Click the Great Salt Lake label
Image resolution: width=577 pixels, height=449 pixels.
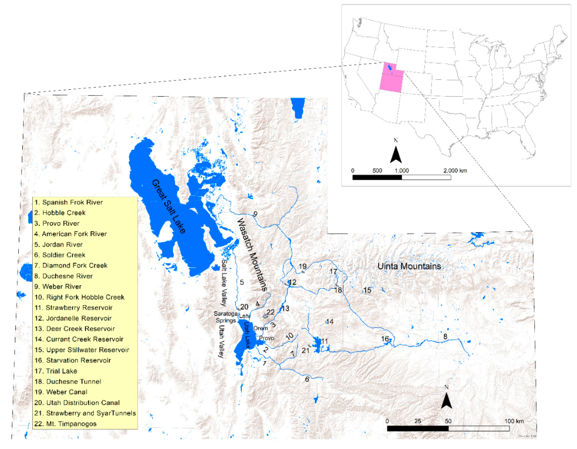[x=169, y=206]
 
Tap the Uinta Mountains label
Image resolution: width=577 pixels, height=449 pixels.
[x=409, y=266]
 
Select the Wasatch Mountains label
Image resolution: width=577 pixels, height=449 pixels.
[x=252, y=255]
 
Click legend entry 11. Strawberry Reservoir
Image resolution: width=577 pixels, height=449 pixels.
[x=73, y=308]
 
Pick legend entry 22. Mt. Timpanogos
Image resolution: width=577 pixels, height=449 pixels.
[x=65, y=424]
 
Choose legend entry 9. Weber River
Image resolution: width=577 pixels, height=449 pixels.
[x=58, y=287]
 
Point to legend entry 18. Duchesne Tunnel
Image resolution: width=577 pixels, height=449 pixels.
[x=68, y=382]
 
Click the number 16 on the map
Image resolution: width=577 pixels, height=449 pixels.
[x=385, y=339]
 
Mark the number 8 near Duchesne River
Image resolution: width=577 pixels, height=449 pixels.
[x=445, y=336]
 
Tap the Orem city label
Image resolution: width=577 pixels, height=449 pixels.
[x=261, y=328]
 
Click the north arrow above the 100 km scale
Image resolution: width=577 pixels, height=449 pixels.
[x=446, y=399]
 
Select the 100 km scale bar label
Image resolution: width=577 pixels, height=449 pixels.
[x=514, y=421]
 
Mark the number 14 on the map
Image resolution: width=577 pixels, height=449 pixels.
[x=329, y=322]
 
